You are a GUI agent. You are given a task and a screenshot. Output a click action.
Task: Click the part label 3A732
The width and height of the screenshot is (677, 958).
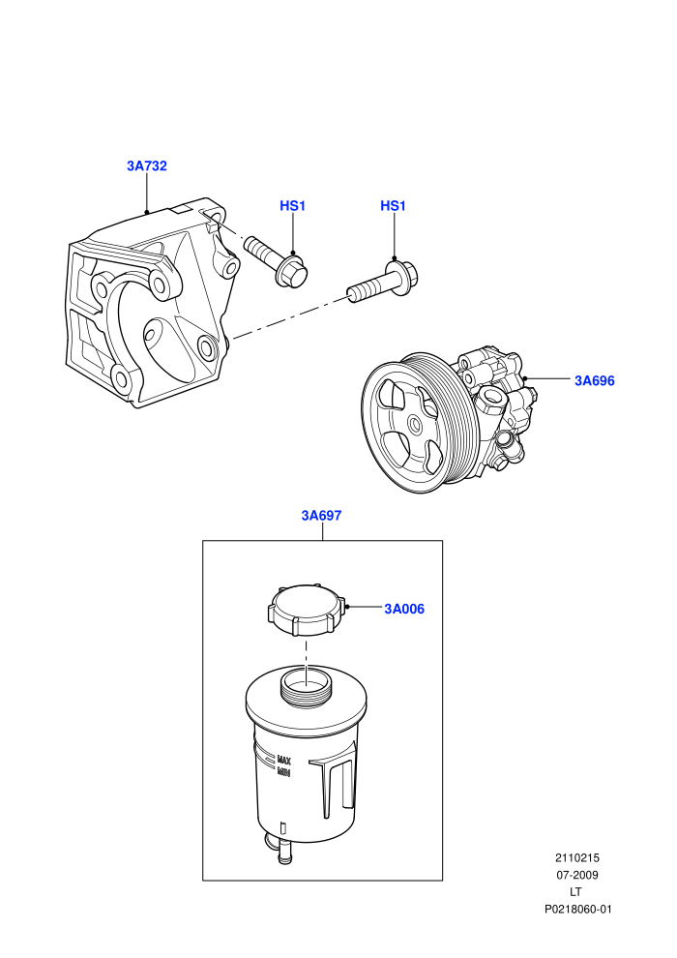click(146, 165)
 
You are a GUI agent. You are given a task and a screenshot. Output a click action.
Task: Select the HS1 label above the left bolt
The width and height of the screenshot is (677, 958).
click(292, 206)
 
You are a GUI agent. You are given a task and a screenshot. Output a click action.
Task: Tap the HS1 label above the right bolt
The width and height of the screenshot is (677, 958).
click(393, 206)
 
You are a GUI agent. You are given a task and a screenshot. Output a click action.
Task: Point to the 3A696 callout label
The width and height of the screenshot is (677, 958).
click(595, 380)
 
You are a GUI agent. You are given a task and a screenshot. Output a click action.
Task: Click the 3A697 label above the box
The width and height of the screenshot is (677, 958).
click(322, 516)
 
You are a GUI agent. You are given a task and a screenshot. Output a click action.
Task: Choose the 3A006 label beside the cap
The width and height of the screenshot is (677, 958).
click(404, 609)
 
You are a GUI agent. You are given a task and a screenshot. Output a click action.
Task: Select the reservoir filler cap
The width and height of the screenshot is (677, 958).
click(306, 611)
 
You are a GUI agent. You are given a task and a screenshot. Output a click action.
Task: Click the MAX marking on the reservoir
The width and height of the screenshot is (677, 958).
click(284, 761)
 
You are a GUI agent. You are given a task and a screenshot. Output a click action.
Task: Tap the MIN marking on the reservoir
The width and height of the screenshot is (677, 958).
click(284, 772)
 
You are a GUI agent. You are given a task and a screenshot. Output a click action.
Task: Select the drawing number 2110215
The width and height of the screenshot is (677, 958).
click(576, 857)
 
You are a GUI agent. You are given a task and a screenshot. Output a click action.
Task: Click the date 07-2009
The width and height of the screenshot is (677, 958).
click(576, 875)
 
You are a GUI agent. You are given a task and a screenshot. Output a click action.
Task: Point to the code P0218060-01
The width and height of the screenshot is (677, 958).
click(577, 909)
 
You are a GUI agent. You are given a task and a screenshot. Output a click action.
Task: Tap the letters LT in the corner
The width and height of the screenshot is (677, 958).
click(575, 892)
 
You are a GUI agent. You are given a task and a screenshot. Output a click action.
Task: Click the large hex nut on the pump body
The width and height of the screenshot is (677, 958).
click(493, 401)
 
